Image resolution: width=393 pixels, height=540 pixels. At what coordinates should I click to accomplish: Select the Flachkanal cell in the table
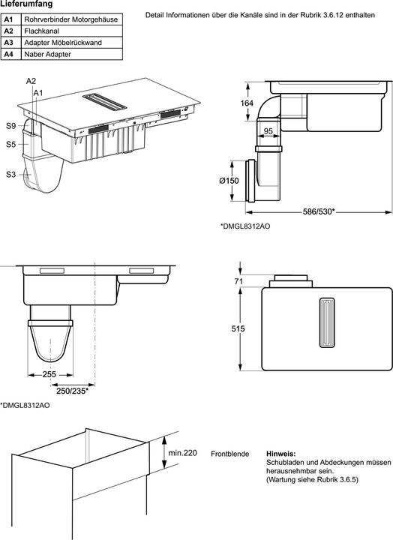pyautogui.click(x=72, y=31)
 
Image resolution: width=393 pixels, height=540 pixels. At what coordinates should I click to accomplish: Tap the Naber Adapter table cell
pyautogui.click(x=72, y=54)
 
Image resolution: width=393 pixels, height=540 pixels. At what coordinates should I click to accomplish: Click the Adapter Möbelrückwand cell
pyautogui.click(x=72, y=43)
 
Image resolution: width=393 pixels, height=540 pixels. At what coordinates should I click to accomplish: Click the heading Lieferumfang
pyautogui.click(x=26, y=4)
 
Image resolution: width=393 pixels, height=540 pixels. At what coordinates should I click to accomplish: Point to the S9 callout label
pyautogui.click(x=11, y=126)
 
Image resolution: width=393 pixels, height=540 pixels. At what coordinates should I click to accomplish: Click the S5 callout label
pyautogui.click(x=11, y=144)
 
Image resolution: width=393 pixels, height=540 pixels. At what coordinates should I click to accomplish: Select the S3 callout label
pyautogui.click(x=11, y=175)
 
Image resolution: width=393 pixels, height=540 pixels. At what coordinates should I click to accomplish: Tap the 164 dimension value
pyautogui.click(x=247, y=103)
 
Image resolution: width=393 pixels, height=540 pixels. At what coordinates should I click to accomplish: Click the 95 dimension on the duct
pyautogui.click(x=268, y=130)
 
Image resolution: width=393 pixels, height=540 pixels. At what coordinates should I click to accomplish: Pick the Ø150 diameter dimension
pyautogui.click(x=229, y=181)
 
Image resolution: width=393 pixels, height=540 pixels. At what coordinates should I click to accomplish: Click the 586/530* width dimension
pyautogui.click(x=319, y=211)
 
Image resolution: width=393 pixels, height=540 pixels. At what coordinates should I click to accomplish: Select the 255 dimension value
pyautogui.click(x=49, y=374)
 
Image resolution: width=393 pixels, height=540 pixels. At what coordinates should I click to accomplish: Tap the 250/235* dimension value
pyautogui.click(x=72, y=391)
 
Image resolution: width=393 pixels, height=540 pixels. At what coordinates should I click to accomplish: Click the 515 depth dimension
pyautogui.click(x=238, y=329)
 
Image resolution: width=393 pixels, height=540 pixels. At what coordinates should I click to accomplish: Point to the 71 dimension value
pyautogui.click(x=238, y=281)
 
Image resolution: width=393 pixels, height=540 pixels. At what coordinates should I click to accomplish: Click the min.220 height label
pyautogui.click(x=182, y=453)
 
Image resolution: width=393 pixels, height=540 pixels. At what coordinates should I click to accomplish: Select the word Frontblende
pyautogui.click(x=229, y=454)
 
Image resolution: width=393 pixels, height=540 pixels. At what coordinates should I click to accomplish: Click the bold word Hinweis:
pyautogui.click(x=281, y=454)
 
